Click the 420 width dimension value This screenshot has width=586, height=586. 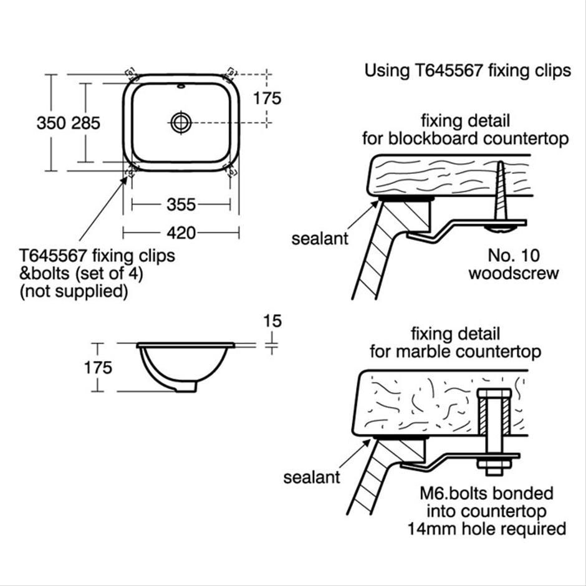pos(181,233)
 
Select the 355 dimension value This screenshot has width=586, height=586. pos(181,204)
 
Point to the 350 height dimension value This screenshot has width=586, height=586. pos(49,123)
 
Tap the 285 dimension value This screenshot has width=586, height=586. pos(85,123)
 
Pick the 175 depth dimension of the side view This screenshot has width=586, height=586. pos(98,367)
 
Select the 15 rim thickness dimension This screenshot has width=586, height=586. pos(272,321)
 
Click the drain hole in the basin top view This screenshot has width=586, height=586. pos(181,122)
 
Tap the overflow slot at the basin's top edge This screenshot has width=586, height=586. pos(181,87)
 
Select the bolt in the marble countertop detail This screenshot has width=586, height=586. pos(492,430)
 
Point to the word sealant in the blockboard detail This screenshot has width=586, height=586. pos(320,239)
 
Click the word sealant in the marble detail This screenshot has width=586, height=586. pos(312,478)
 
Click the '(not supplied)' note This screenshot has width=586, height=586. pos(74,292)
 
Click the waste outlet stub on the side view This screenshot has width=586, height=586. pos(186,387)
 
